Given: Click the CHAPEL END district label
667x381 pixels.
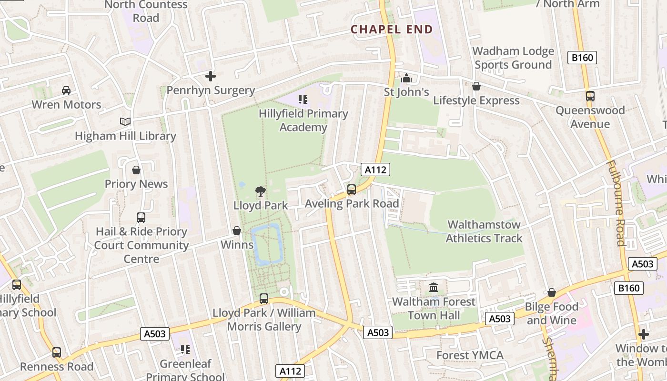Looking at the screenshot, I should [392, 30].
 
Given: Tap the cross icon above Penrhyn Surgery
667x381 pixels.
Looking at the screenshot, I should [210, 76].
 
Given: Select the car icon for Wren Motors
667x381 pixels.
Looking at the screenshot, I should [66, 90].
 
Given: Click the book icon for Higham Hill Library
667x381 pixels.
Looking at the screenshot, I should [125, 122].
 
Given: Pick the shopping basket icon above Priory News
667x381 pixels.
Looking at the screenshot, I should [136, 170].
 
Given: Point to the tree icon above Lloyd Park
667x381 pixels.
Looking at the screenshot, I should [260, 191].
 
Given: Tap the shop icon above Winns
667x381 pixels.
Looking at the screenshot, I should [237, 231].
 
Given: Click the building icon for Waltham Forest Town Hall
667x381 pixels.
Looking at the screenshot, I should [434, 288].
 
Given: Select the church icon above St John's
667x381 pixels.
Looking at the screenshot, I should [406, 78].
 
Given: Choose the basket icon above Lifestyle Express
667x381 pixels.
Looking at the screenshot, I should [476, 86].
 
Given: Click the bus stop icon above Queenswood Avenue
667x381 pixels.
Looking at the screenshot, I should [590, 96].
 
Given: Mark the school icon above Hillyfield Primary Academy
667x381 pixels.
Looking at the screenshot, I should [303, 100].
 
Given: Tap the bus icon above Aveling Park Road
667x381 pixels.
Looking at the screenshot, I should [352, 190].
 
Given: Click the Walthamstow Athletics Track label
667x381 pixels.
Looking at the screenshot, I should [484, 231].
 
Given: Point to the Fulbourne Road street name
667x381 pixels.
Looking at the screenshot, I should [615, 203].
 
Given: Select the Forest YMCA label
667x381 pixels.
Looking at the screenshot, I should [470, 355].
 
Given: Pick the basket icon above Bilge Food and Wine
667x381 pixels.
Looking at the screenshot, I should [552, 292].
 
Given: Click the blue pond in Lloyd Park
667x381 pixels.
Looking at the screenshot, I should [267, 244].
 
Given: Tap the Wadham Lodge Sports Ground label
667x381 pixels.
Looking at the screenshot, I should [513, 58].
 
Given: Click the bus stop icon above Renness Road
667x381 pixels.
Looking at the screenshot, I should [57, 352].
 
